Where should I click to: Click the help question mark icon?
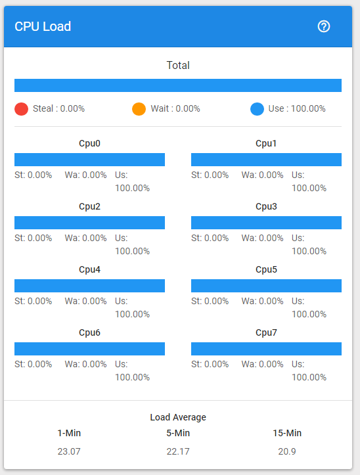click(323, 26)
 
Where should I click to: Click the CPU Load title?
click(43, 26)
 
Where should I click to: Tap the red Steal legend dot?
click(21, 109)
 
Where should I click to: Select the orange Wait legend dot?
click(139, 109)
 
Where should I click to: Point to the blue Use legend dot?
click(257, 109)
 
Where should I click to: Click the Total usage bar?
click(178, 85)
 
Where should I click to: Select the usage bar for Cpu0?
click(89, 160)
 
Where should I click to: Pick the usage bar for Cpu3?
click(266, 223)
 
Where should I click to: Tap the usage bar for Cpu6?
click(89, 349)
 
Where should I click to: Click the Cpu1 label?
click(266, 143)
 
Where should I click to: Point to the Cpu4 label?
click(89, 269)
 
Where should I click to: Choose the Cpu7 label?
click(266, 332)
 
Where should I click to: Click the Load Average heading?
click(178, 417)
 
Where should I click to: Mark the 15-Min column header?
click(287, 433)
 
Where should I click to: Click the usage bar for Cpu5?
click(266, 286)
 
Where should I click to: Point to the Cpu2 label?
click(89, 206)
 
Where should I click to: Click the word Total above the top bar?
click(178, 66)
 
